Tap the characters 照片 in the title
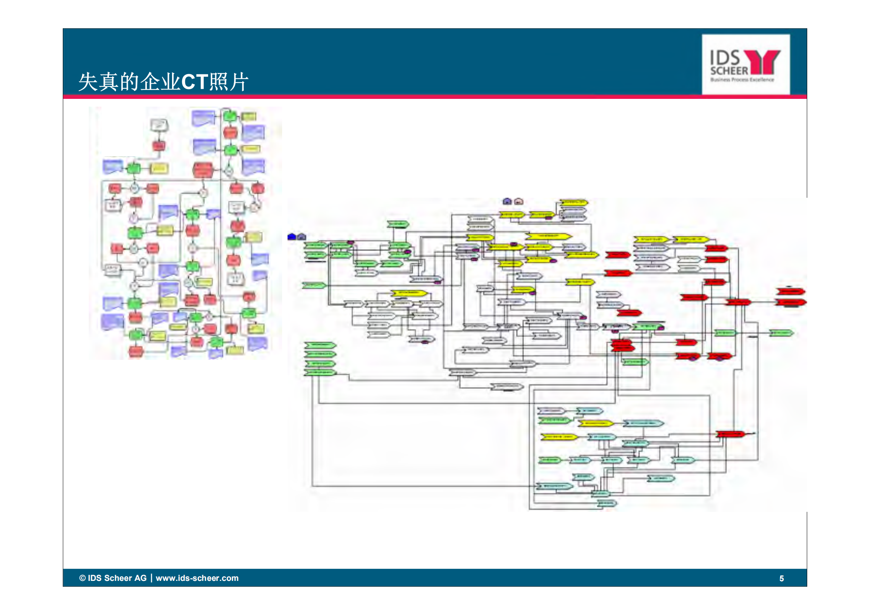228,82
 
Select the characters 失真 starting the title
98,82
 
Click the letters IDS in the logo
725,59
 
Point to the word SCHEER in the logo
729,71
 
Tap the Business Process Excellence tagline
742,80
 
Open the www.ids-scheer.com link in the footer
197,578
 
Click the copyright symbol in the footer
82,578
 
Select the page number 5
781,579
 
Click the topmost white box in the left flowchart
159,125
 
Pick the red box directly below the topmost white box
158,146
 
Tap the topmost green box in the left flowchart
230,116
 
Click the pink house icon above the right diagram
518,201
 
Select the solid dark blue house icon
292,237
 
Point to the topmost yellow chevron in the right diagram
574,202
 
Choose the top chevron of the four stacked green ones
320,345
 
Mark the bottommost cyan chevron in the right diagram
606,503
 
